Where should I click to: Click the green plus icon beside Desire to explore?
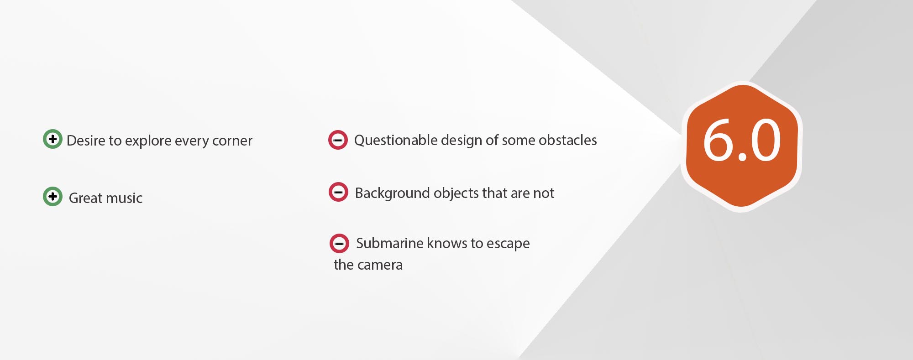pyautogui.click(x=52, y=139)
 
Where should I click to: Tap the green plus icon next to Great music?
pyautogui.click(x=52, y=196)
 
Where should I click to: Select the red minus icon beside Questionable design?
pyautogui.click(x=338, y=140)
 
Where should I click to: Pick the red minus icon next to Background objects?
pyautogui.click(x=338, y=192)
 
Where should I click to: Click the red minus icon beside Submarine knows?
pyautogui.click(x=339, y=243)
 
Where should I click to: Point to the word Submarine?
pyautogui.click(x=390, y=243)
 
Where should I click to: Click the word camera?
pyautogui.click(x=381, y=265)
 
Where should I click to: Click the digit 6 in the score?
pyautogui.click(x=719, y=140)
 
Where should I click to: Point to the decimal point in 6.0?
pyautogui.click(x=742, y=157)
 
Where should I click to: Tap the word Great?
pyautogui.click(x=86, y=198)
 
